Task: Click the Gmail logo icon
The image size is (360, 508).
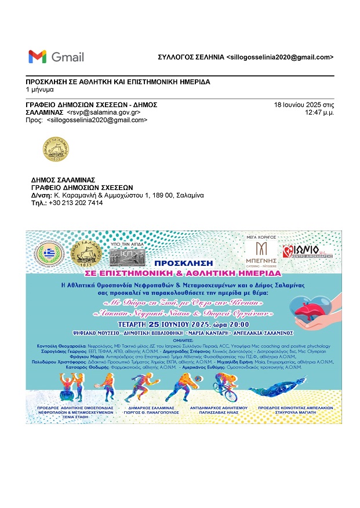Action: (x=37, y=57)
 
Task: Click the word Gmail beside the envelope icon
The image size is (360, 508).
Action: (x=68, y=57)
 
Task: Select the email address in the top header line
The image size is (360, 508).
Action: (x=280, y=57)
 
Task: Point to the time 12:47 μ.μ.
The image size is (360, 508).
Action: (x=319, y=112)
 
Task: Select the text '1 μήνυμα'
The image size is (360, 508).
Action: (x=40, y=90)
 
